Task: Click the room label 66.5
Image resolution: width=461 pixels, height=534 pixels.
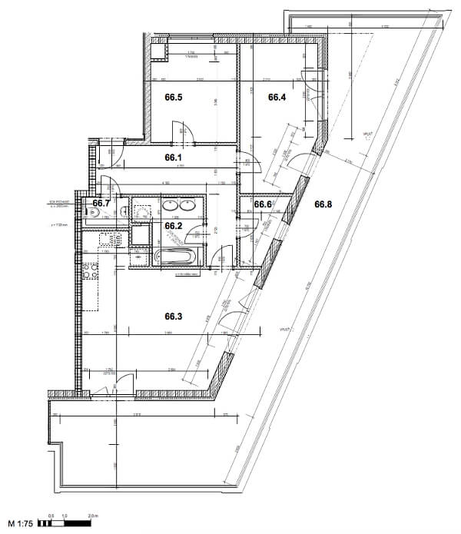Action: [174, 98]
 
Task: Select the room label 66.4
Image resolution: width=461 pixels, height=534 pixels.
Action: [277, 98]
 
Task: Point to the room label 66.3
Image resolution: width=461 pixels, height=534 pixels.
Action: [174, 316]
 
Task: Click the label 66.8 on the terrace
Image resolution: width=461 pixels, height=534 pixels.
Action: [323, 204]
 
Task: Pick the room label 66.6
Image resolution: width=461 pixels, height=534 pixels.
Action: [264, 204]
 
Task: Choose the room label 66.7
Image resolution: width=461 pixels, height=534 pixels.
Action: [98, 204]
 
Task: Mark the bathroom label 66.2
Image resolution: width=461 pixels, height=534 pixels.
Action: [173, 226]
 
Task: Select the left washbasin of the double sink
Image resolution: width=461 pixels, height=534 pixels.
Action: [168, 206]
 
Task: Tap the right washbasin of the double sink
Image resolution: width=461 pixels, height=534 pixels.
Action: [187, 206]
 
